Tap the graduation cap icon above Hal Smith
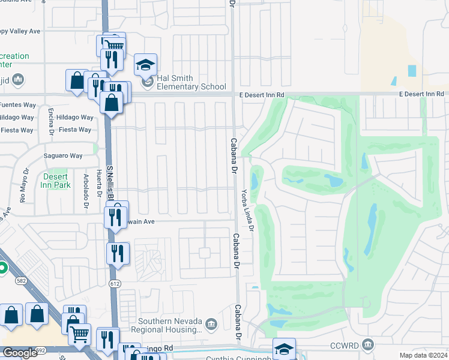[145, 64]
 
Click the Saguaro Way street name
[63, 156]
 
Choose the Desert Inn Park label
[56, 181]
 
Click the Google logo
[20, 353]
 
